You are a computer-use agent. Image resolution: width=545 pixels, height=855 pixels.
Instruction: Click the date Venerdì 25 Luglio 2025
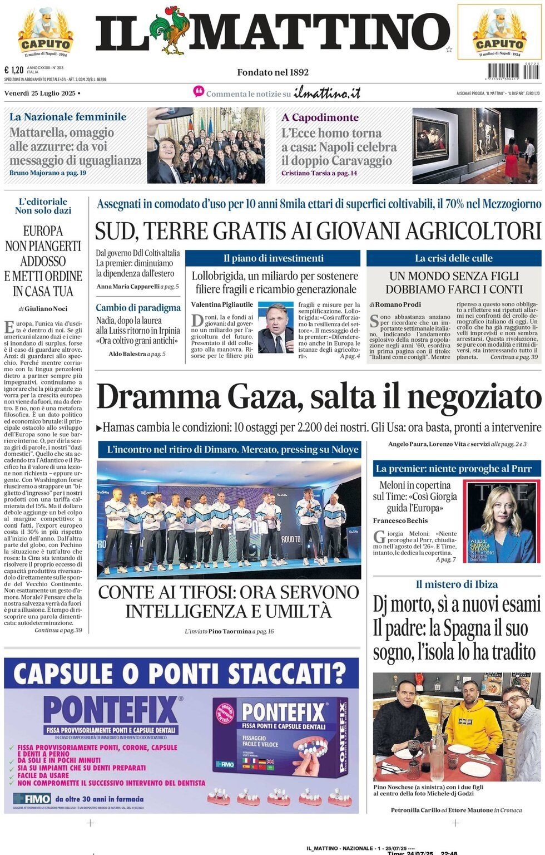coord(40,93)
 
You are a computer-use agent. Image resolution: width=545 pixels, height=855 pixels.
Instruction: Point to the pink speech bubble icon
coord(199,92)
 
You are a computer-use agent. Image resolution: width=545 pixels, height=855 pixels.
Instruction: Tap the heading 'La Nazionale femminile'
coord(68,117)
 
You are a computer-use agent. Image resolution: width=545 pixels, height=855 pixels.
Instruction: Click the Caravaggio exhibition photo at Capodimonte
coord(477,145)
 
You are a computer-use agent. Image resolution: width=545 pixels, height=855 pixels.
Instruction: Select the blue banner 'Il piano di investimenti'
coord(273,258)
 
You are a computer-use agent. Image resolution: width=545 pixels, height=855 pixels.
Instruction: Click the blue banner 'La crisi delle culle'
coord(453,258)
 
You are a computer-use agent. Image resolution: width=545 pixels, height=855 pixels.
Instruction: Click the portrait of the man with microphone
coord(276,328)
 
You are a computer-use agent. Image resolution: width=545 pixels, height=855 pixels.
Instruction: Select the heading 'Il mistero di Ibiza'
coord(457,584)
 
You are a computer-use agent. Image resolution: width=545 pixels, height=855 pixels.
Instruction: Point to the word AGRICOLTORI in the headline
coord(473,230)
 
